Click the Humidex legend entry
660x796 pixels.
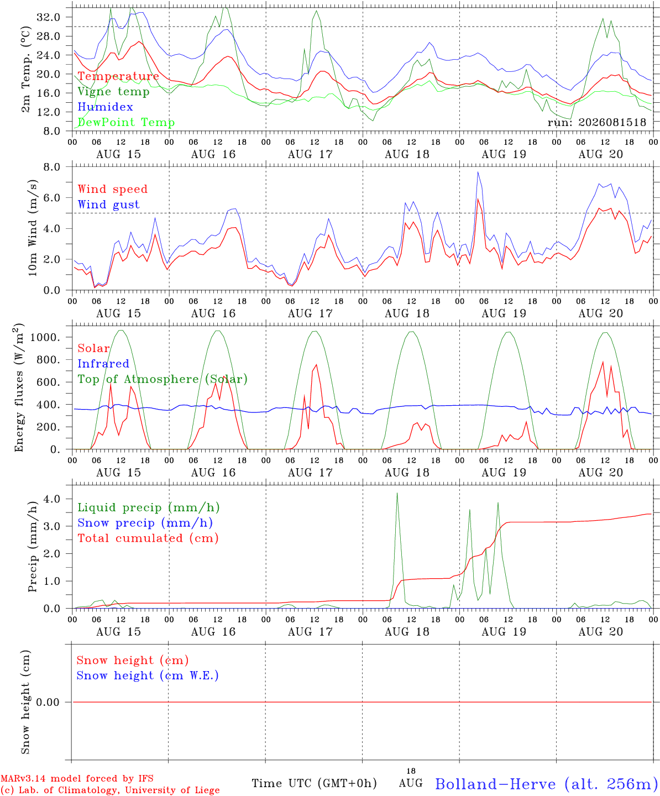coord(105,107)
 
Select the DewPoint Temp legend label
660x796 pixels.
coord(126,122)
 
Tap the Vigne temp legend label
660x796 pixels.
coord(113,92)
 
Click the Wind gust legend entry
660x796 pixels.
coord(109,205)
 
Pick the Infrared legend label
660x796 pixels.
coord(103,364)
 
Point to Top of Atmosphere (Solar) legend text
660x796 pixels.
coord(163,379)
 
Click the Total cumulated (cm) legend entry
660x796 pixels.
coord(148,538)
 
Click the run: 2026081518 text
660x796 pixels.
coord(596,122)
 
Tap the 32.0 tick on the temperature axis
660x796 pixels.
coord(48,17)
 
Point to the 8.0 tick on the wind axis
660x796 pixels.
coord(51,167)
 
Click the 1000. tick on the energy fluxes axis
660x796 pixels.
coord(45,337)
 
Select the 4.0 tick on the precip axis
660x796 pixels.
coord(51,499)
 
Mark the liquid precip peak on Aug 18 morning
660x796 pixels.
coord(397,493)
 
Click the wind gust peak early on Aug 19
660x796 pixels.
coord(478,172)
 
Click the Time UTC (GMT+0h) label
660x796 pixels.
coord(314,783)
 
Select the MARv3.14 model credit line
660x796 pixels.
coord(77,778)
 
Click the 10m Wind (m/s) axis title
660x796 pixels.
coord(33,228)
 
